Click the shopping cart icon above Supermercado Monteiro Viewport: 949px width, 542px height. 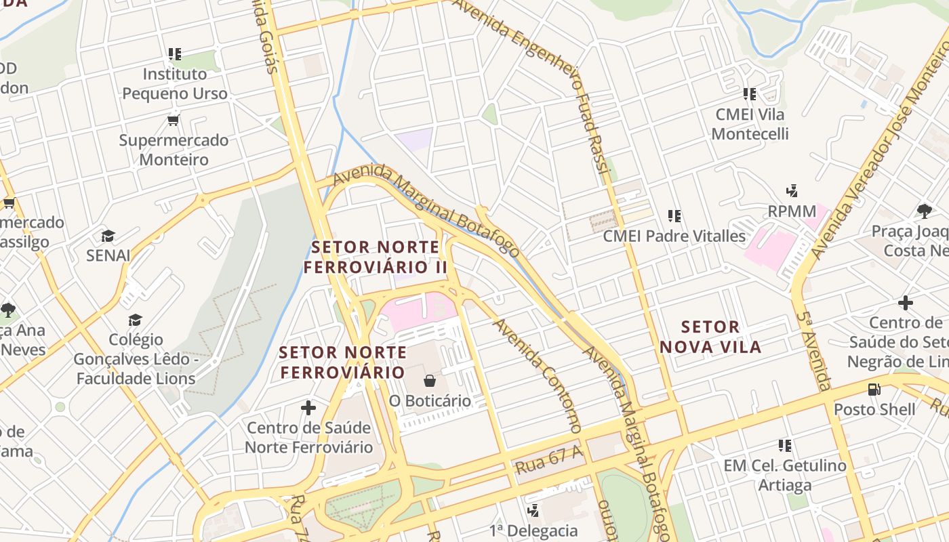[173, 121]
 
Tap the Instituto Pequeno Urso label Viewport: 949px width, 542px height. [175, 83]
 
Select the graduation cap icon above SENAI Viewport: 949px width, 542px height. [108, 236]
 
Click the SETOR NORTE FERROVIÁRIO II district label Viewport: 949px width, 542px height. [375, 257]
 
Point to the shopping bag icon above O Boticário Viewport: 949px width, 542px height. [429, 381]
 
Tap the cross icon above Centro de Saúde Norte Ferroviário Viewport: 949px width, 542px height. [308, 407]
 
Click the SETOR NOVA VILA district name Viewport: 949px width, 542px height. [710, 337]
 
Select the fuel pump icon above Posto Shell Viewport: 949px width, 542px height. [874, 389]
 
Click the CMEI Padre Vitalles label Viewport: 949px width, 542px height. [674, 236]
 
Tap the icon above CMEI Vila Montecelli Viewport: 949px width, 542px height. [749, 94]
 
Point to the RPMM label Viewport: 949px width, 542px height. [792, 211]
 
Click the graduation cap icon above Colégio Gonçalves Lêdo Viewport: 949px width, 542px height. [136, 319]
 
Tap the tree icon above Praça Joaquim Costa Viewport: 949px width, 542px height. [924, 211]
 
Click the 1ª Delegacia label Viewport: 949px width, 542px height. [533, 530]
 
